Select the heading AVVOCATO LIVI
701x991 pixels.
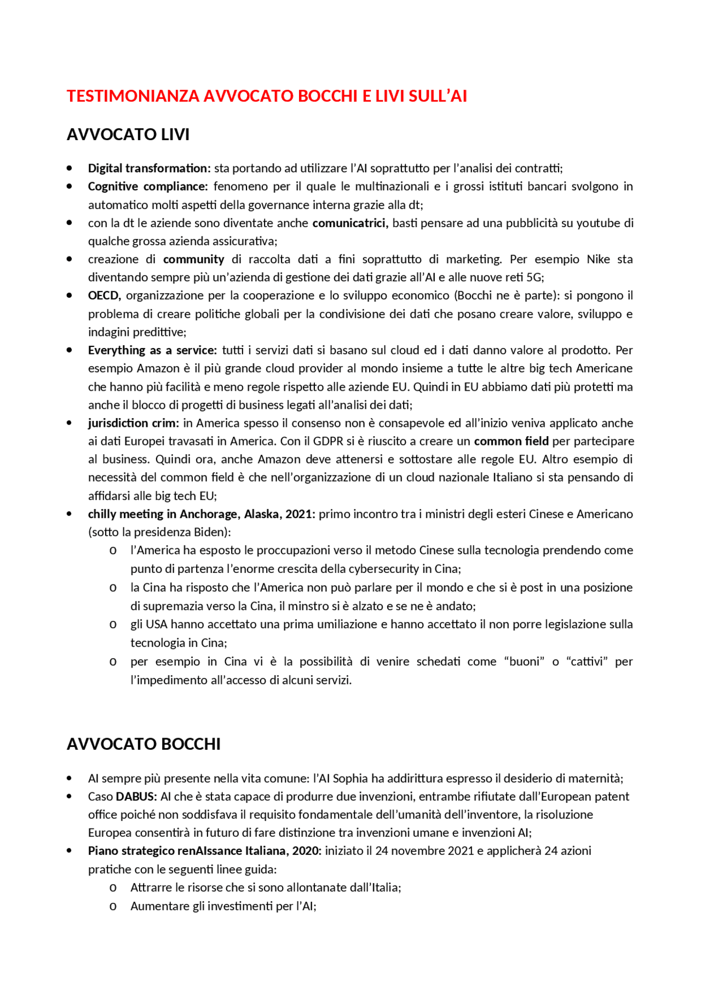click(128, 135)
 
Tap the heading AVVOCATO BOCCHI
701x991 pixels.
click(143, 744)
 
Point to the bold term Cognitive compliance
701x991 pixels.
click(147, 187)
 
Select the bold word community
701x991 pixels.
click(193, 259)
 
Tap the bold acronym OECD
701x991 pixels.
click(104, 296)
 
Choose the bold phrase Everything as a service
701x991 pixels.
click(152, 350)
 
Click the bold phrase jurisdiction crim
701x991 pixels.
click(133, 423)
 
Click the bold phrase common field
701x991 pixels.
click(511, 442)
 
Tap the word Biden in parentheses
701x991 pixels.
click(209, 532)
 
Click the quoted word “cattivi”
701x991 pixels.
click(587, 662)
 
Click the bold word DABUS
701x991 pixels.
click(136, 797)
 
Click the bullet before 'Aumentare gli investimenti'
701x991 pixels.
click(113, 907)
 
